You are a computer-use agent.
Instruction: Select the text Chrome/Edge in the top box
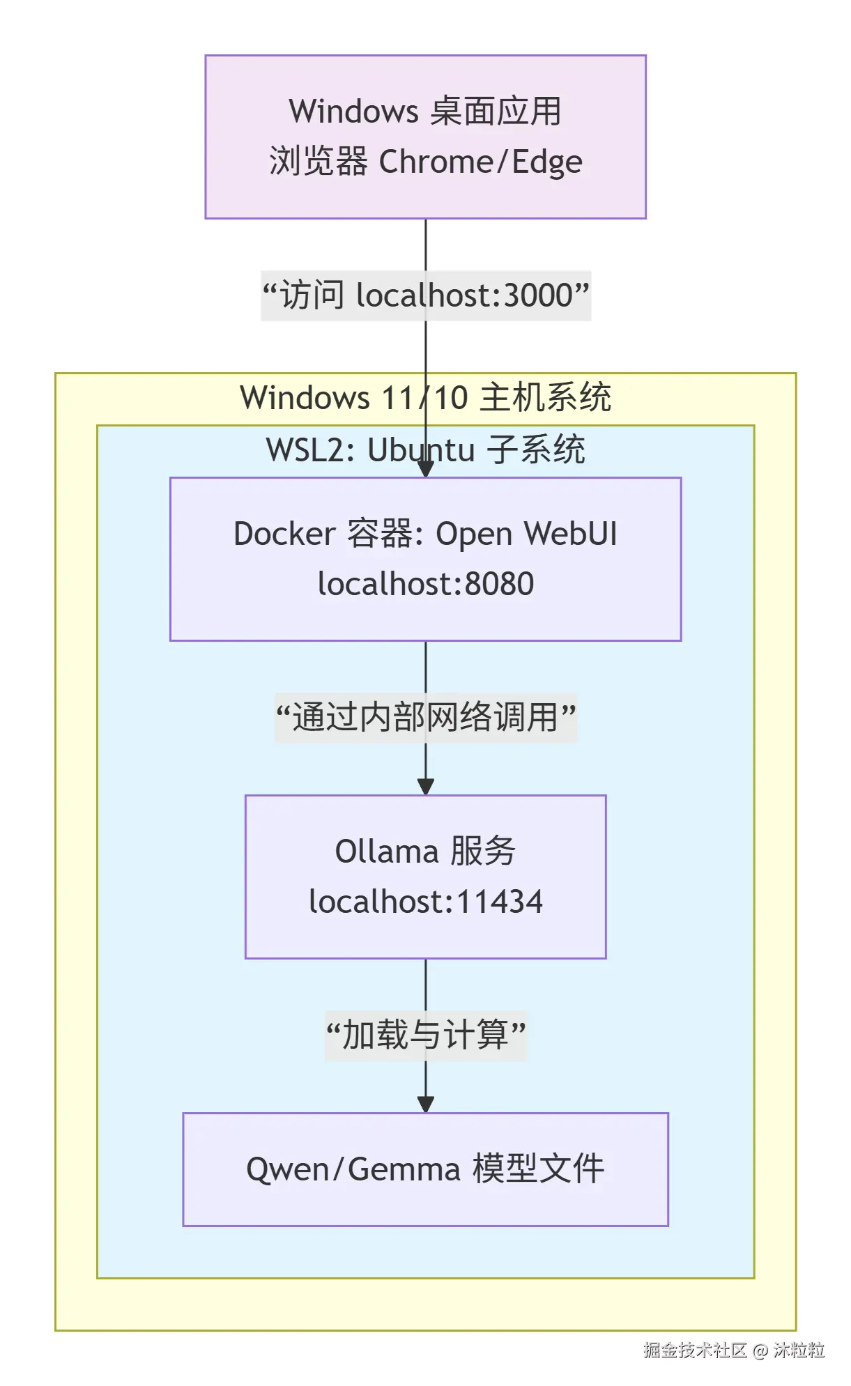point(480,162)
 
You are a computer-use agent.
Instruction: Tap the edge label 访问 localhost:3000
point(426,295)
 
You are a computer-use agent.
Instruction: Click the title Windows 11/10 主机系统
point(425,398)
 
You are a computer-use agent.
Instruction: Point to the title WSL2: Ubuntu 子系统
point(425,450)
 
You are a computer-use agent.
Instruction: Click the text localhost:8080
point(425,584)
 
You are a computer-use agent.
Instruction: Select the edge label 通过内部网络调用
point(426,718)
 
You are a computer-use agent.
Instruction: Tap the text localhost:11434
point(425,902)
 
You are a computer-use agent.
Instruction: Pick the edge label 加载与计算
point(426,1035)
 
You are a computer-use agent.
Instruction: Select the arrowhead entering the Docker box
point(426,470)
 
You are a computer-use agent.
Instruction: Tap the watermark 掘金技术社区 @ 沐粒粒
point(733,1350)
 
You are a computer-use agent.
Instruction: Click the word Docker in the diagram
point(284,534)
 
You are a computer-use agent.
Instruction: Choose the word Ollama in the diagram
point(386,852)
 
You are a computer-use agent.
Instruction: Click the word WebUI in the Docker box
point(571,534)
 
